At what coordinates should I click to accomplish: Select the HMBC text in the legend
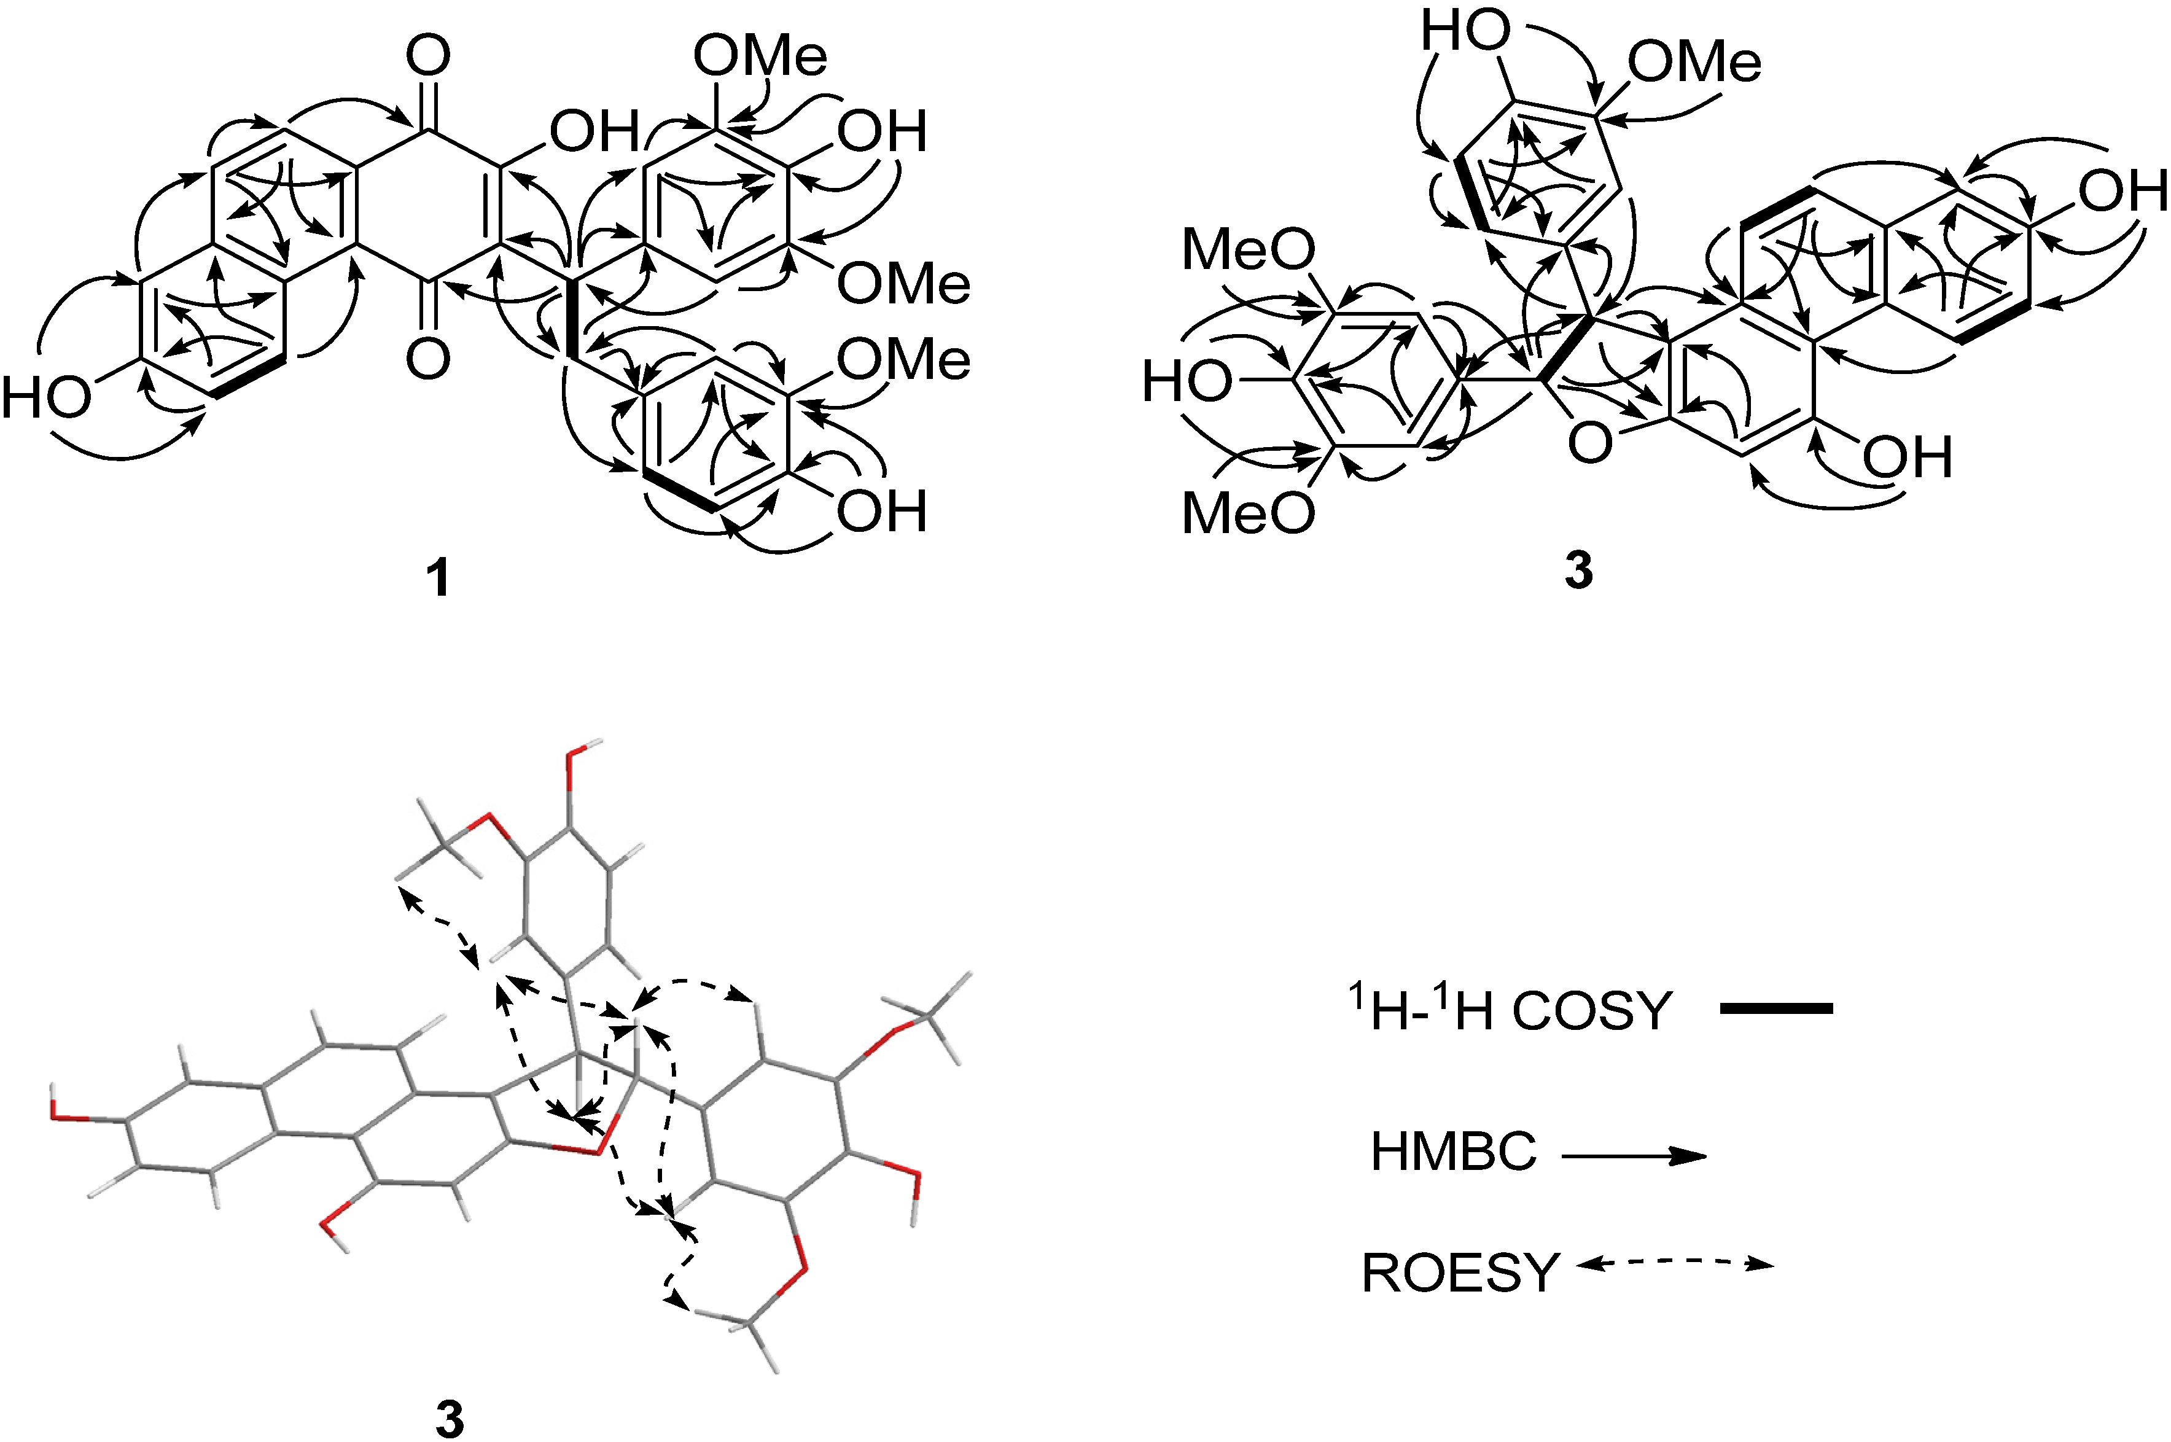[x=1453, y=1152]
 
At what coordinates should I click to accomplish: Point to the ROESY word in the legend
[x=1460, y=1274]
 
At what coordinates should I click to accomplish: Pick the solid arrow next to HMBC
[x=1633, y=1156]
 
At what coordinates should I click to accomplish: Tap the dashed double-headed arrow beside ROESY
[x=1674, y=1265]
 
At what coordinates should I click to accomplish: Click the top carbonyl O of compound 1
[x=429, y=55]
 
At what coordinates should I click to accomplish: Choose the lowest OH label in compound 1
[x=881, y=512]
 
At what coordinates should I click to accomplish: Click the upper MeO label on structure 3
[x=1248, y=249]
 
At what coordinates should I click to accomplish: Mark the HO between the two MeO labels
[x=1186, y=381]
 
